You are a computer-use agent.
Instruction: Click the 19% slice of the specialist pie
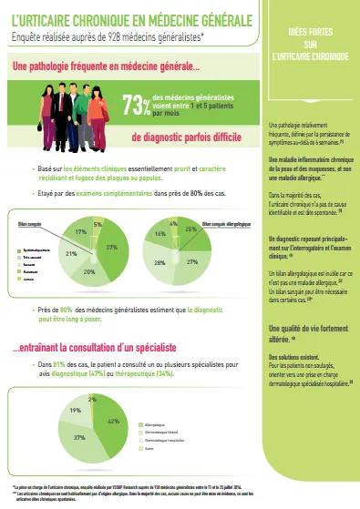pos(77,412)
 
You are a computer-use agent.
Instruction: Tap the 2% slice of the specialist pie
pos(91,399)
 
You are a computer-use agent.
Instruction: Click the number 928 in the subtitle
pos(117,36)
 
